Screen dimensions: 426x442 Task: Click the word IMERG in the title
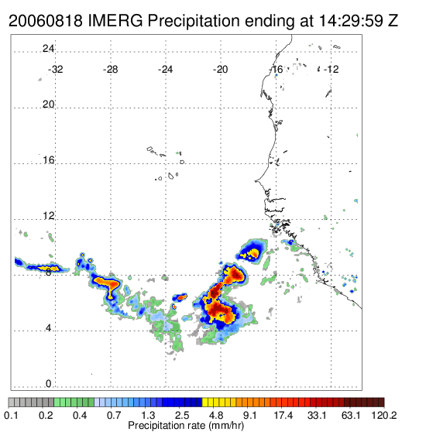click(115, 21)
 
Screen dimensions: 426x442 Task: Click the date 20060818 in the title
click(46, 21)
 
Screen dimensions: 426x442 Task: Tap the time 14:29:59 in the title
click(351, 21)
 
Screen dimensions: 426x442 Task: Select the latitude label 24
click(48, 49)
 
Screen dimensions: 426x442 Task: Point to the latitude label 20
click(48, 105)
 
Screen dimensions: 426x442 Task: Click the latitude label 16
click(48, 160)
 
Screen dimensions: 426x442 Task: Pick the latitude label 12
click(48, 216)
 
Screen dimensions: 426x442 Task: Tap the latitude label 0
click(49, 383)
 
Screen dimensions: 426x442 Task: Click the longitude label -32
click(55, 70)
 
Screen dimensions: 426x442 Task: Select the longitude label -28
click(110, 70)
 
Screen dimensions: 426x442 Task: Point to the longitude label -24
click(165, 70)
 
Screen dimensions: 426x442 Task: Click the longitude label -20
click(220, 70)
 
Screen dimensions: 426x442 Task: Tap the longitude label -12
click(331, 70)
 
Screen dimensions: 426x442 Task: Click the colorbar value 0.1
click(12, 415)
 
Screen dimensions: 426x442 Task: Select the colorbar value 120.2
click(384, 415)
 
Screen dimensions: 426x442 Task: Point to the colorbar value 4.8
click(216, 415)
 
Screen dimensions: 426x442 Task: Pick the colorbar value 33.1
click(317, 415)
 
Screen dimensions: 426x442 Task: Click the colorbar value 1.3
click(148, 415)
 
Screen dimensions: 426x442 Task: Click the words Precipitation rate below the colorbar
click(167, 426)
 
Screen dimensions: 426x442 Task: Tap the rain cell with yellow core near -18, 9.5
click(252, 252)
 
